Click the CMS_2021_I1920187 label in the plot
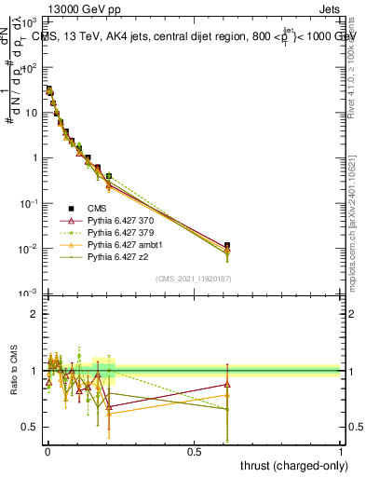(193, 279)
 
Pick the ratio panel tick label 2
(34, 314)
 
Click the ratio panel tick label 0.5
(30, 427)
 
